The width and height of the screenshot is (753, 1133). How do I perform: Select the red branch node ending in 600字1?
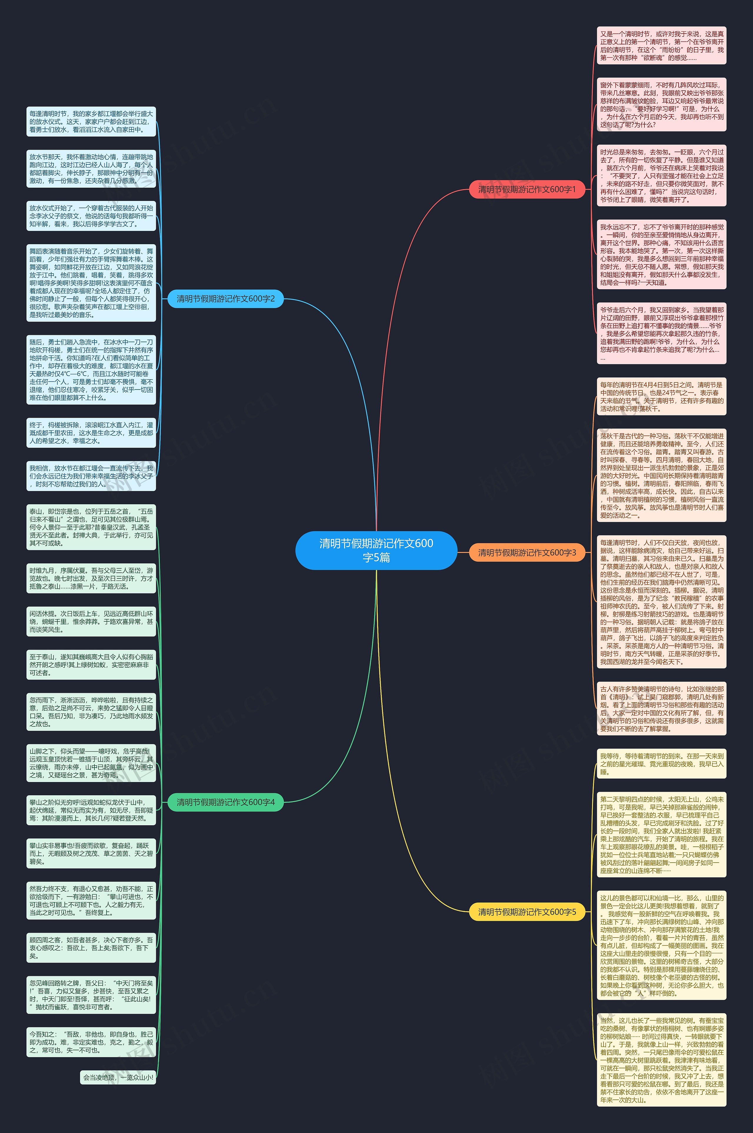(x=527, y=189)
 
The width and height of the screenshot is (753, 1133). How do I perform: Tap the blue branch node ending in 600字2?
(x=226, y=299)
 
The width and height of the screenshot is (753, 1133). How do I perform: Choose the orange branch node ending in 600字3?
(x=527, y=552)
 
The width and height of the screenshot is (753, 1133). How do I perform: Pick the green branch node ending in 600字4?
(x=226, y=802)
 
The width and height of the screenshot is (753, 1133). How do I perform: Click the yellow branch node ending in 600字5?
(x=527, y=911)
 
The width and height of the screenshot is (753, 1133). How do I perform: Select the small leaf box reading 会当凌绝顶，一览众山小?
(x=118, y=1077)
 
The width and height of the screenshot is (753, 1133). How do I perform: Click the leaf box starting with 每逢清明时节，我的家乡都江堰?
(x=91, y=122)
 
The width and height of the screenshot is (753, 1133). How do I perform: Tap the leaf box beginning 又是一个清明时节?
(x=661, y=46)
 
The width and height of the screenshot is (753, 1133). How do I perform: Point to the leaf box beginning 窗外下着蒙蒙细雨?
(x=661, y=105)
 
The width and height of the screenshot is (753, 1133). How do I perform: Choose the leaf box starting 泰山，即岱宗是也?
(x=91, y=527)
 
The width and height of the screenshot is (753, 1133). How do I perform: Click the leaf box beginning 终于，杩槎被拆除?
(x=91, y=433)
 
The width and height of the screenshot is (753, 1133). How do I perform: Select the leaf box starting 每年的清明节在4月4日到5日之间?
(x=661, y=397)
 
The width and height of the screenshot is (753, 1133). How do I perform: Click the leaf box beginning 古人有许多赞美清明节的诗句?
(x=661, y=708)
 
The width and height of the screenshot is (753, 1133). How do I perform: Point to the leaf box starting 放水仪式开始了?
(x=91, y=216)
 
